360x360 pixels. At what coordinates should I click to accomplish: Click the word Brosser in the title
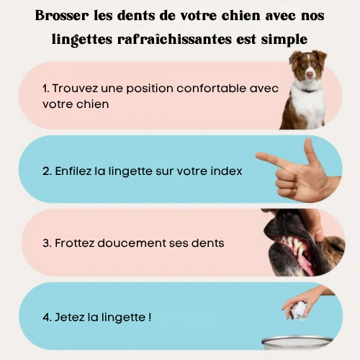coord(62,16)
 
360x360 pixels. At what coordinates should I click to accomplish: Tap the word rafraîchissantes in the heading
coord(174,40)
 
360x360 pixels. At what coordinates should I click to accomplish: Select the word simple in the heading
coord(284,40)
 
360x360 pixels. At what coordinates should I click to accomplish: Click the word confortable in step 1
coord(211,89)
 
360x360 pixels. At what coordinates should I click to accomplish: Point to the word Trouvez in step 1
coord(75,89)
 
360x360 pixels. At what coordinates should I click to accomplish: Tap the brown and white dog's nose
coord(310,74)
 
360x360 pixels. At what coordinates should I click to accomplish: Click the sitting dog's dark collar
coord(308,91)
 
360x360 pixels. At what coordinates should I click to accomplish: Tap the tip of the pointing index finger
coord(257,156)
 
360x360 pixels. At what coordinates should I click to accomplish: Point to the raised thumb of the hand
coord(309,151)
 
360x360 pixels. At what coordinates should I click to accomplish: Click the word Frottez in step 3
coord(74,243)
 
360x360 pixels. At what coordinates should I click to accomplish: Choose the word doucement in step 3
coord(132,243)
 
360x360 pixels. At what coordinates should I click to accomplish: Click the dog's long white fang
coord(300,251)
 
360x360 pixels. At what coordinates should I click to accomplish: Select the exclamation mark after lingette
coord(150,318)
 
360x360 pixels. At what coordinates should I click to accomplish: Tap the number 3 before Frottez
coord(46,243)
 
